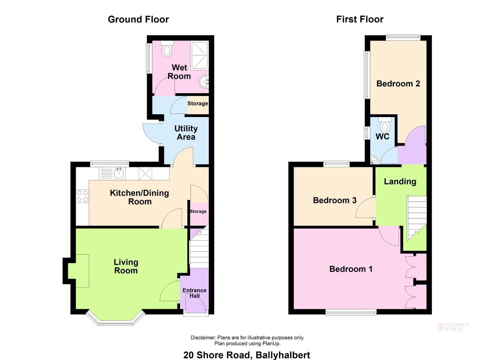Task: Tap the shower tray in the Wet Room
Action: click(x=200, y=55)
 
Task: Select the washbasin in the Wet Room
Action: click(x=204, y=82)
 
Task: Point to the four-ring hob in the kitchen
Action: click(x=82, y=196)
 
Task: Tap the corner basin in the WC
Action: click(x=374, y=160)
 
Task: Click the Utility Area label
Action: click(x=186, y=133)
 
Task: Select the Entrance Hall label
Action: click(x=194, y=293)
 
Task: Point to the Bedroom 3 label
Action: click(x=335, y=200)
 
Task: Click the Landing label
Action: click(x=400, y=182)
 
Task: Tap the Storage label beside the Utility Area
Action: click(x=198, y=103)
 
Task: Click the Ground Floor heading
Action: click(x=138, y=19)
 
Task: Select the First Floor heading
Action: click(x=360, y=19)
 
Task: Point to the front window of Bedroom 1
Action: click(x=351, y=312)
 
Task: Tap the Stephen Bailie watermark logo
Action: click(x=453, y=327)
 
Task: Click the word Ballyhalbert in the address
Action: click(x=283, y=355)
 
